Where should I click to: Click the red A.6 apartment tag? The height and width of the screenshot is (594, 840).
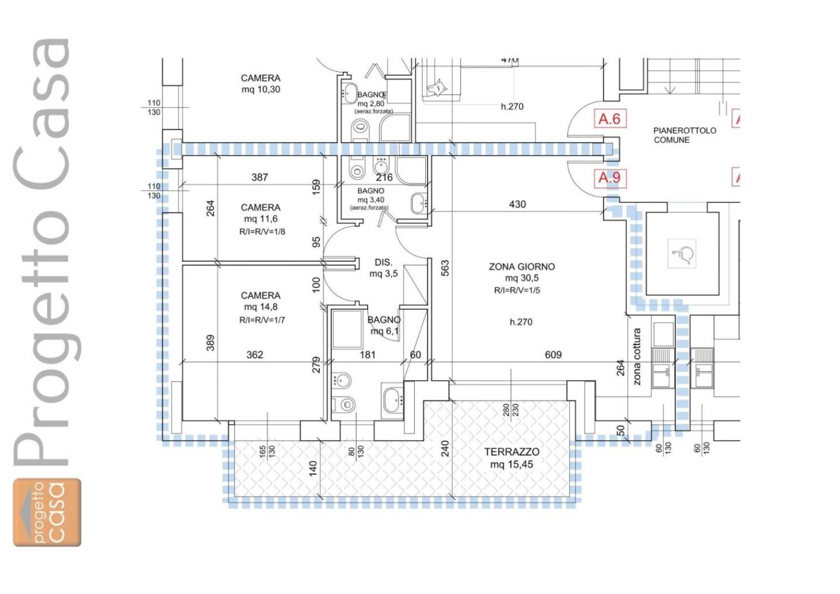(610, 119)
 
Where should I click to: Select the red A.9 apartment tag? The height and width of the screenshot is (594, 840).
(610, 178)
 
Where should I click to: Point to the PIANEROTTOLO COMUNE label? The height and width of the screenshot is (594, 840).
(684, 135)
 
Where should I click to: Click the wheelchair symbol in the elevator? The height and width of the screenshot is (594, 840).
(683, 254)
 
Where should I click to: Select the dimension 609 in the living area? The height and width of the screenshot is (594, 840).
(553, 355)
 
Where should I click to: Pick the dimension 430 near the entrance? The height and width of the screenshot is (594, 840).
(517, 204)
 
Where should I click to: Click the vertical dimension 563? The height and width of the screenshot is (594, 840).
(445, 268)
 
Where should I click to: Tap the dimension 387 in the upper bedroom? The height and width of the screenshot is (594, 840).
(260, 177)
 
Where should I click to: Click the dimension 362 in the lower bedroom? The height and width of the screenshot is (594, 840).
(255, 355)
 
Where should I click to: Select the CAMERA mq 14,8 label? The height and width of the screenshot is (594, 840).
(260, 301)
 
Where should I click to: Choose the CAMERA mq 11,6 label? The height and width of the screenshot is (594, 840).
(260, 213)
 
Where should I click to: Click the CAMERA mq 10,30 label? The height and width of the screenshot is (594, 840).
(260, 84)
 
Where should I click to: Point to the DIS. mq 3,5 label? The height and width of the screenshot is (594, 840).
(384, 268)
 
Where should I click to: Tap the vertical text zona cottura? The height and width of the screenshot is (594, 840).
(637, 357)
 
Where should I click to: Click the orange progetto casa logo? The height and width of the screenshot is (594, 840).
(48, 512)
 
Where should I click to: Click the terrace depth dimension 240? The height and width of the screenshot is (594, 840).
(445, 448)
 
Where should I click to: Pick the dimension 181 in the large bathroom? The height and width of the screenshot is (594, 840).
(368, 355)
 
